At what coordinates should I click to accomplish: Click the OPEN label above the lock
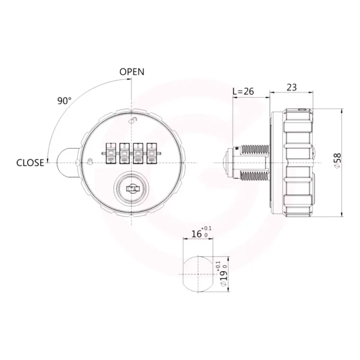point(132,72)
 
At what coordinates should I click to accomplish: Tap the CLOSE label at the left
point(30,163)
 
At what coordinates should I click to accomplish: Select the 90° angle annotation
point(64,101)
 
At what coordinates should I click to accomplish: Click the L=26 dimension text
point(243,91)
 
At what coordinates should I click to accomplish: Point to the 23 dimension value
point(291,87)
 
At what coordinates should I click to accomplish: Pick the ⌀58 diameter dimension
point(338,161)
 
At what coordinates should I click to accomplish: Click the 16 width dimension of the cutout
point(196,234)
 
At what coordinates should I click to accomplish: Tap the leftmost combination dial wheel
point(111,154)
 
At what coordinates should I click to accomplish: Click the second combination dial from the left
point(124,154)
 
